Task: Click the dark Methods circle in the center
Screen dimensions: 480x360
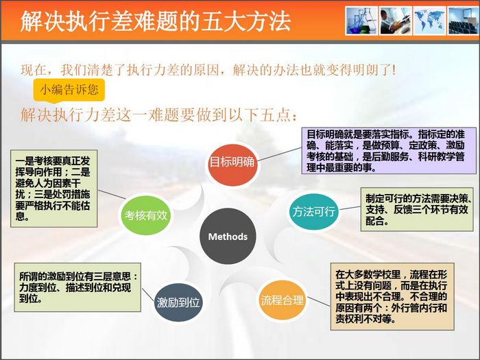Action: [x=228, y=236]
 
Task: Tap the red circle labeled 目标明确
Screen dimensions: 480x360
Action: [x=232, y=162]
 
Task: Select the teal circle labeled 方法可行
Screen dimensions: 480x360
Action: [x=314, y=211]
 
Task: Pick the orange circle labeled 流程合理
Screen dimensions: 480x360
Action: [x=282, y=300]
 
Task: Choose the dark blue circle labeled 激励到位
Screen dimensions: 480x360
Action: [x=178, y=302]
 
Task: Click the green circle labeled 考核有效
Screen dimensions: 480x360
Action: [x=145, y=215]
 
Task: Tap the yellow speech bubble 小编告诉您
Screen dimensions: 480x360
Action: [x=69, y=91]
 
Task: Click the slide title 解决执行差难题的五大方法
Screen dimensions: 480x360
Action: [x=155, y=21]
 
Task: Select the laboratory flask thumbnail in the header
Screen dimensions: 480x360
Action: [x=361, y=21]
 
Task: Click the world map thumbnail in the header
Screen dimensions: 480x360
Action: [x=429, y=21]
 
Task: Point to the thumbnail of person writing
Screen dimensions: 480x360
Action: [x=395, y=21]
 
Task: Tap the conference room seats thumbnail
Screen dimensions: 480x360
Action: [x=463, y=21]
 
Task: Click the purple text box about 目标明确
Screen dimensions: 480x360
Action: [x=389, y=151]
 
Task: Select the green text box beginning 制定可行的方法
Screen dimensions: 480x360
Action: [x=417, y=209]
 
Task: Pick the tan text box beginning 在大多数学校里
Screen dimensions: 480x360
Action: [x=392, y=296]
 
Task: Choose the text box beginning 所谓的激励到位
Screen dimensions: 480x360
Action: [x=77, y=287]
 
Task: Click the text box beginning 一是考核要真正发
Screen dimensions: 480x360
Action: [x=54, y=189]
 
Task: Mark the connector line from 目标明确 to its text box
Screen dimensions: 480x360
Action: [x=280, y=154]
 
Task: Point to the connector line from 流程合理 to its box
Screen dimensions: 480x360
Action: [x=319, y=302]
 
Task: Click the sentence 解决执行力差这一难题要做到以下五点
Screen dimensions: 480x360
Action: [x=159, y=115]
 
